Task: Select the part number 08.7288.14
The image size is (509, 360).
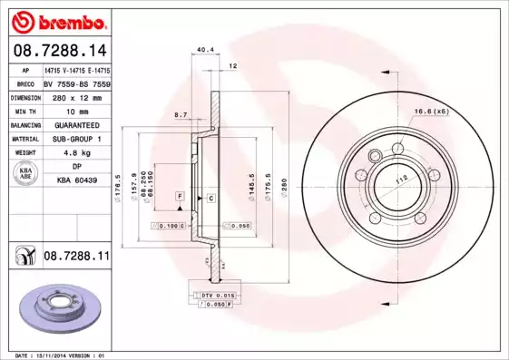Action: (58, 50)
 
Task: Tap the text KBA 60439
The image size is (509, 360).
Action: (77, 181)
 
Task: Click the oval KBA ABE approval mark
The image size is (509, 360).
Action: (26, 174)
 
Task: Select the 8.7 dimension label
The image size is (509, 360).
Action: (181, 115)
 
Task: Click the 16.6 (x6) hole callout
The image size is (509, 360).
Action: (431, 111)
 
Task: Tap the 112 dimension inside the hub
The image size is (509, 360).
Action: (399, 180)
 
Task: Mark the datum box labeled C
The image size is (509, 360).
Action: (210, 197)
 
